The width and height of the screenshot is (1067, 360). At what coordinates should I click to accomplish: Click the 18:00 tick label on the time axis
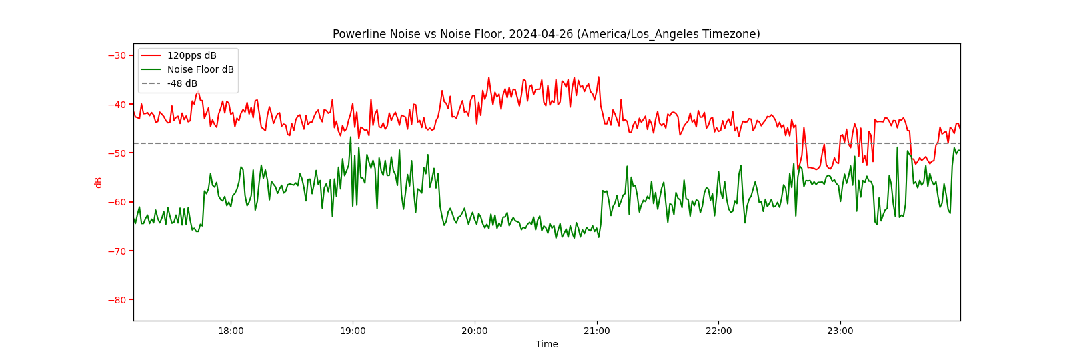(x=231, y=331)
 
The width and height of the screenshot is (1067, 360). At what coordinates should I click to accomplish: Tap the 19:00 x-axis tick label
(x=353, y=331)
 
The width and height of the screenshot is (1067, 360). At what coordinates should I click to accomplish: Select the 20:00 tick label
(x=474, y=331)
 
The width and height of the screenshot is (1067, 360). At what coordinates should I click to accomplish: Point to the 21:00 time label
(x=596, y=331)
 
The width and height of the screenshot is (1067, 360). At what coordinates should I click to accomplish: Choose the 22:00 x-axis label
(x=718, y=331)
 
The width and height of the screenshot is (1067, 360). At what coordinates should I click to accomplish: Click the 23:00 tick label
(x=840, y=331)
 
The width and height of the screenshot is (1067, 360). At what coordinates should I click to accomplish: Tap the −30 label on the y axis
(x=117, y=55)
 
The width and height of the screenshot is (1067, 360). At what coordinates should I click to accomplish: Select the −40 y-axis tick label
(x=117, y=104)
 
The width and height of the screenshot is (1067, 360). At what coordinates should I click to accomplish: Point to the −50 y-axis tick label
(x=117, y=153)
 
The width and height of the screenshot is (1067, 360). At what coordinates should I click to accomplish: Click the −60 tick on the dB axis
(x=117, y=202)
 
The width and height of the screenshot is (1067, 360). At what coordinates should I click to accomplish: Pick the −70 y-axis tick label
(x=117, y=251)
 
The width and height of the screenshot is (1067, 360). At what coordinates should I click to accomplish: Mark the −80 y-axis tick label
(x=117, y=300)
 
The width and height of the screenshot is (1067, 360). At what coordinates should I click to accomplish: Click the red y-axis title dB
(x=99, y=182)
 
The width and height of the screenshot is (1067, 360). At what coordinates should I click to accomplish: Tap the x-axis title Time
(x=546, y=344)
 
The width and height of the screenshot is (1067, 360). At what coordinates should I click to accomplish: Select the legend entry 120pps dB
(x=191, y=55)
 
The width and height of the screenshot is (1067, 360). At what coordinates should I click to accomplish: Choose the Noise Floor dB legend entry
(x=200, y=69)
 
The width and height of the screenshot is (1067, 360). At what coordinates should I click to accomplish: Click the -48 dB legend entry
(x=182, y=83)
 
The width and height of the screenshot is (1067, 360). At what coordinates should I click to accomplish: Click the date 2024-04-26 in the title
(x=541, y=34)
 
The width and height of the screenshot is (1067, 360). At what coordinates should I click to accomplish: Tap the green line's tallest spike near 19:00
(x=351, y=138)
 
